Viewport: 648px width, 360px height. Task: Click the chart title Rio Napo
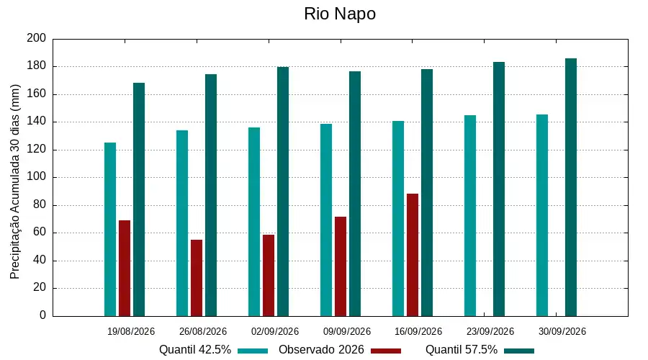coord(340,14)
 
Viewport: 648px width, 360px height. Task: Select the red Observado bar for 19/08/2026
coord(125,269)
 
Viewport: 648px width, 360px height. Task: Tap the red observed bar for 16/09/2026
coord(413,255)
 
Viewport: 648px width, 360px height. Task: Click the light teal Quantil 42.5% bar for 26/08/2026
coord(182,223)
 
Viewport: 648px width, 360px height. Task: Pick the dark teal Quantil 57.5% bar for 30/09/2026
coord(571,187)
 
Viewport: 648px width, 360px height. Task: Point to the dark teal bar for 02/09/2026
coord(283,192)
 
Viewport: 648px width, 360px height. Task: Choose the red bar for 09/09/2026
coord(341,266)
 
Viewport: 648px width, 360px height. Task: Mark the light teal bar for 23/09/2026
coord(470,216)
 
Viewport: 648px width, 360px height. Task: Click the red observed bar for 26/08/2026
coord(197,278)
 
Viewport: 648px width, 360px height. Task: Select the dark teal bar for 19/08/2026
coord(139,199)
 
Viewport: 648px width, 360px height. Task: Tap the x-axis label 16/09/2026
coord(418,331)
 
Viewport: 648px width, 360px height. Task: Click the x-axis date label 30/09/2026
coord(562,331)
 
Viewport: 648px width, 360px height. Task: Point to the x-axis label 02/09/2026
coord(275,331)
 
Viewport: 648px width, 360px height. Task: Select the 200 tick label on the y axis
coord(37,38)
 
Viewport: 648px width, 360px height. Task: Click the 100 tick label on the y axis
coord(37,177)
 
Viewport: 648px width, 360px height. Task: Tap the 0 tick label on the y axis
coord(42,315)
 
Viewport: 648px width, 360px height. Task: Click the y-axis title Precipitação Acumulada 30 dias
coord(15,182)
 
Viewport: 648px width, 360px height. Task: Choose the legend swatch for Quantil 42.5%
coord(253,351)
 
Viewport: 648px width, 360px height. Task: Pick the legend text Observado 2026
coord(321,350)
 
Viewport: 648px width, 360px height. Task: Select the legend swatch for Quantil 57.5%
coord(519,351)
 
